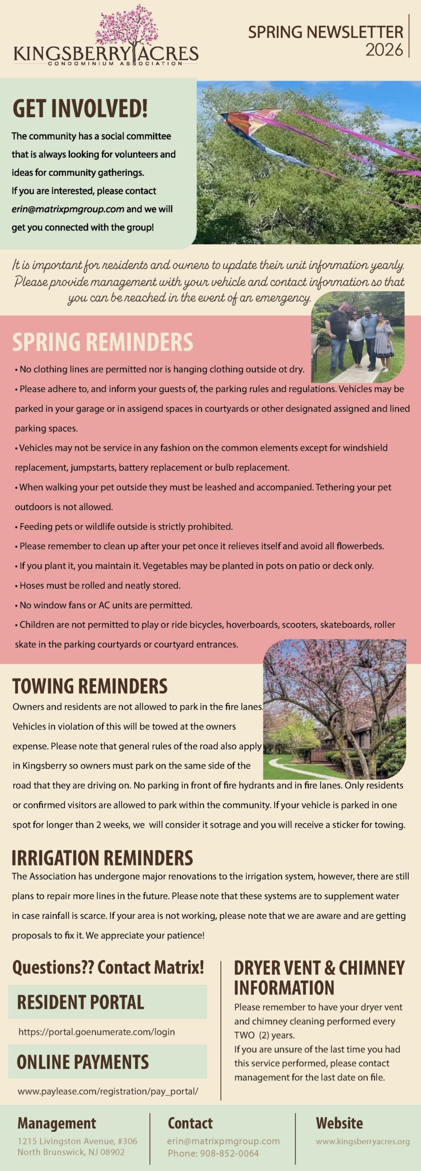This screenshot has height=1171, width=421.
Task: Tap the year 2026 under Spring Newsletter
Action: coord(384,50)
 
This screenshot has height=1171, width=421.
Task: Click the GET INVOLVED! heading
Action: coord(80,108)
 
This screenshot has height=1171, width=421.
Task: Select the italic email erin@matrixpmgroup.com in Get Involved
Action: coord(68,209)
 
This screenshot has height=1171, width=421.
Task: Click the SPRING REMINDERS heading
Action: coord(103,342)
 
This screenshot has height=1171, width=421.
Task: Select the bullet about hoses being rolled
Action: coord(100,585)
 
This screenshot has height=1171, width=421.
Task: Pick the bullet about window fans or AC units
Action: coord(106,605)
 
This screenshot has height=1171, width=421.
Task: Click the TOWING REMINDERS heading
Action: coord(90,686)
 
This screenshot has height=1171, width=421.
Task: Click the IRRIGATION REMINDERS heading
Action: coord(102,858)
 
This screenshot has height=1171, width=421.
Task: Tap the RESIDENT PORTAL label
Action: coord(80,1003)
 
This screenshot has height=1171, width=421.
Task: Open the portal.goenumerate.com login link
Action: coord(96,1032)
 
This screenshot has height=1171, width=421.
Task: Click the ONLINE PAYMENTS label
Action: coord(83,1062)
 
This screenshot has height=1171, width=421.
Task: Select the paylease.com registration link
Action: coord(108,1091)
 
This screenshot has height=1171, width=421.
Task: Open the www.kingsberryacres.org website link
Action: coord(362,1142)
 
